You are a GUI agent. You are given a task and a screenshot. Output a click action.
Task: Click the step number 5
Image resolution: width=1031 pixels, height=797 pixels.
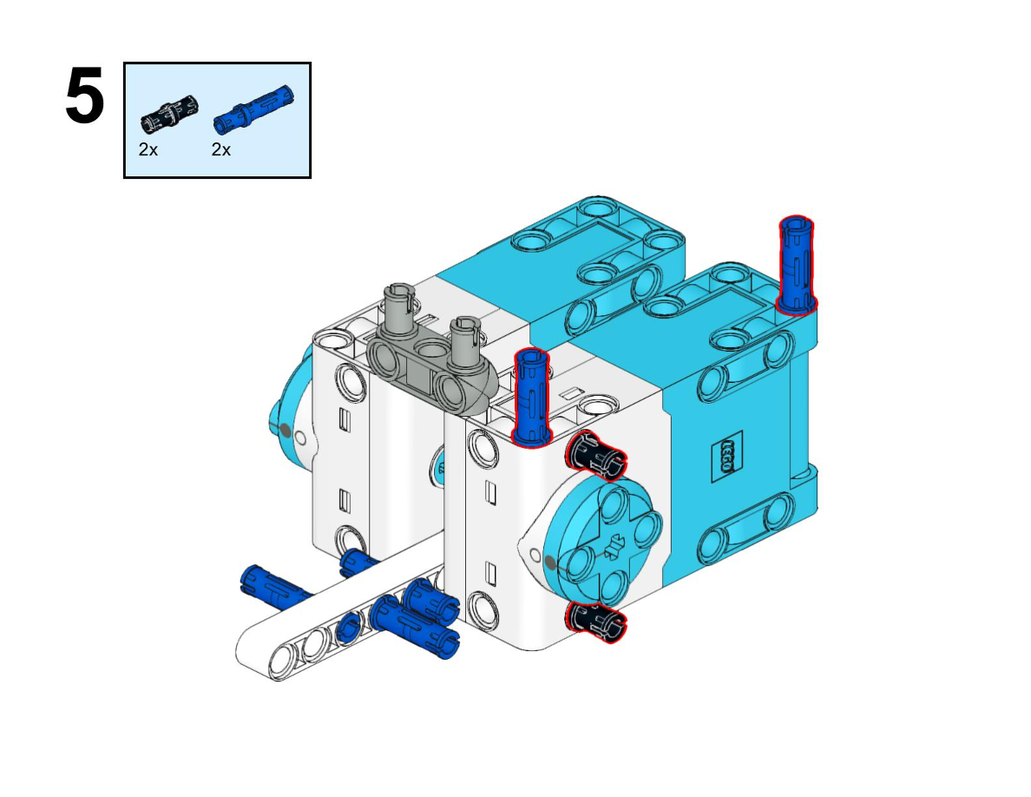[85, 96]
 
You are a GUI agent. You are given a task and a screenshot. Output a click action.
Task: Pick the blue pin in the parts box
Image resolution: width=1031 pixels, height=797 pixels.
[253, 109]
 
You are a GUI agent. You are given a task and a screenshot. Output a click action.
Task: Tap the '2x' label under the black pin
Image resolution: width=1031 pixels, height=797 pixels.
[148, 150]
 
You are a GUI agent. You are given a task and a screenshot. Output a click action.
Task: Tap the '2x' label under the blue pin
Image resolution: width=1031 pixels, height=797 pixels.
[221, 150]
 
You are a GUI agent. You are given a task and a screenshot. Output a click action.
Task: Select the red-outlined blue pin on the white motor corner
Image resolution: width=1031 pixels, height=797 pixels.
[531, 397]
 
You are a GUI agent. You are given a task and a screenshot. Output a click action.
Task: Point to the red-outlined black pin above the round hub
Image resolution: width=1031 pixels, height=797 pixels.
[595, 454]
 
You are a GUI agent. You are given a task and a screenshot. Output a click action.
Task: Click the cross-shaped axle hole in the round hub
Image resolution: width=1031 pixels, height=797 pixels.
[615, 545]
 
